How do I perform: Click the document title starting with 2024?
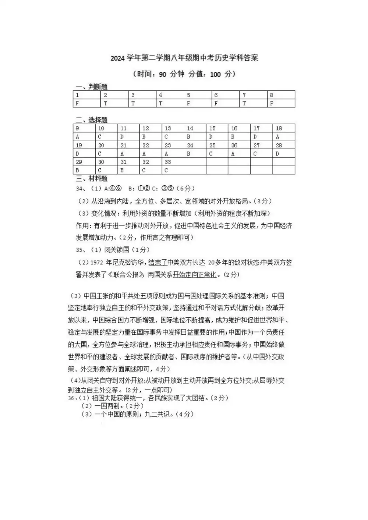(184, 58)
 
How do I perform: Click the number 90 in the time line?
(162, 74)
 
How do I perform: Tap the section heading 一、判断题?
(91, 87)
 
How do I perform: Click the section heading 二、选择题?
(91, 120)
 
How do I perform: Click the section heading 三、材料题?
(91, 179)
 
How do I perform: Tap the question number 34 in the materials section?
(80, 189)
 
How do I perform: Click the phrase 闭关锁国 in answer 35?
(117, 250)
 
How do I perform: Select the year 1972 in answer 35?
(96, 263)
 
